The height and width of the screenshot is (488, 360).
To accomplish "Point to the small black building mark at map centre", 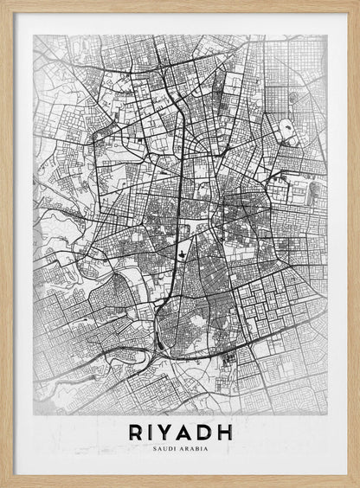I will (184, 253).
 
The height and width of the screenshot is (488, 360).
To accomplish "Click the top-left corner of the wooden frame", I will (3, 3).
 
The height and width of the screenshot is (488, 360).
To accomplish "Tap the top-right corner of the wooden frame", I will (357, 3).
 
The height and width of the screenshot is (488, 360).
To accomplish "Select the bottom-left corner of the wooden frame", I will (3, 485).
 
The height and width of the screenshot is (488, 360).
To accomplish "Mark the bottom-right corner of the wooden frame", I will (357, 485).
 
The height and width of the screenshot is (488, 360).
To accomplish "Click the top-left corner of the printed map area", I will (34, 35).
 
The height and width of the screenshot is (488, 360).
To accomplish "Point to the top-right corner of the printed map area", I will (327, 35).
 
